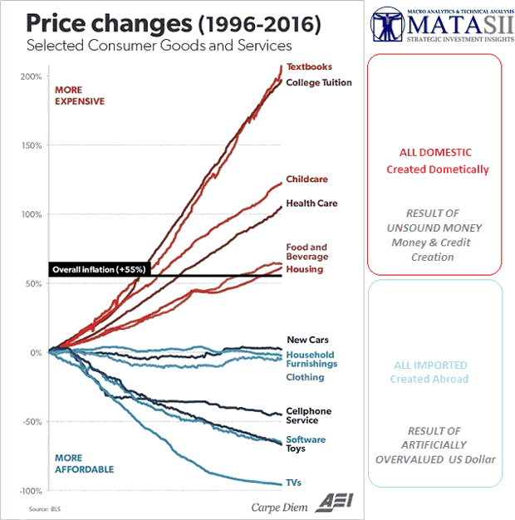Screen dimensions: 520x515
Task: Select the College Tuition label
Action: [318, 82]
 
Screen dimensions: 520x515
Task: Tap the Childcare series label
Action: [306, 179]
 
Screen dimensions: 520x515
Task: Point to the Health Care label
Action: [311, 203]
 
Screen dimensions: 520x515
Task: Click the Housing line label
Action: [304, 269]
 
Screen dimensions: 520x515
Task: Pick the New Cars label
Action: [307, 340]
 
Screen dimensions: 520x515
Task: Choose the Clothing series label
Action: [305, 377]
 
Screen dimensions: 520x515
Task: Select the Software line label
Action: [306, 439]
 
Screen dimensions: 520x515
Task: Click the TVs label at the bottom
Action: [294, 482]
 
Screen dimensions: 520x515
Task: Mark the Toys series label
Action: [296, 449]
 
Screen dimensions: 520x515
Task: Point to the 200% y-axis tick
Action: [31, 76]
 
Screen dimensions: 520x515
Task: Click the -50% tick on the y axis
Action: [32, 422]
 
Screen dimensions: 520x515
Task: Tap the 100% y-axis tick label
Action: [31, 214]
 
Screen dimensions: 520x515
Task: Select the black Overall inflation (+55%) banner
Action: [99, 270]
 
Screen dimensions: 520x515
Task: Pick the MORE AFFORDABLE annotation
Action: [83, 464]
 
